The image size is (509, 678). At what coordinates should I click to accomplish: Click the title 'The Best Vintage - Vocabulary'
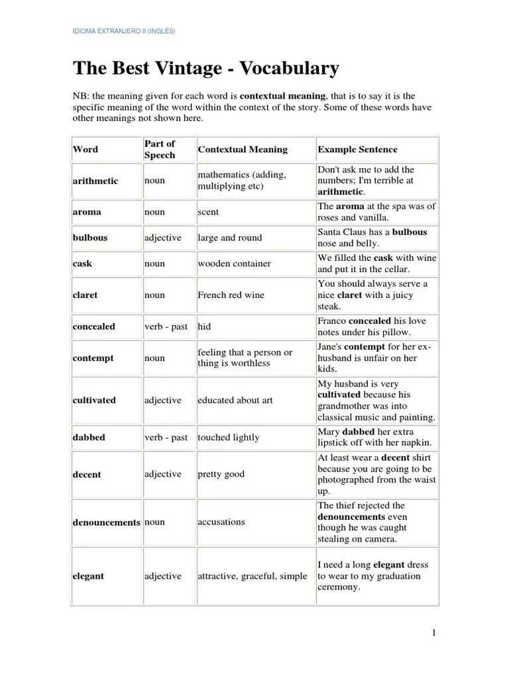coord(205,68)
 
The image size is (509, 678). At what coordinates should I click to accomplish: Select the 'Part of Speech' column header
coord(160,150)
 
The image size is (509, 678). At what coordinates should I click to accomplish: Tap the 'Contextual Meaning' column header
coord(243,150)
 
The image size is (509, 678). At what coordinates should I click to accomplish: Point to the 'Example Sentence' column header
coord(358,150)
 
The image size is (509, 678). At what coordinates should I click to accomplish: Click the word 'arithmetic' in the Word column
coord(95,181)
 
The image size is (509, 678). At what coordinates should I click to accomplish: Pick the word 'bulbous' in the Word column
coord(90,238)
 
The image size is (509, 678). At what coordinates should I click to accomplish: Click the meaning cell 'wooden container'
coord(234,264)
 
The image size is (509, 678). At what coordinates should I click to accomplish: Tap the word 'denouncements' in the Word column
coord(106,522)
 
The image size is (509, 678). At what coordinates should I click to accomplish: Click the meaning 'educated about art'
coord(235,401)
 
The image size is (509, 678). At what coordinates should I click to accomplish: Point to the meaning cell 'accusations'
coord(221,522)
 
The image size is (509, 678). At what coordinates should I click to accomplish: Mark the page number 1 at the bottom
coord(434,633)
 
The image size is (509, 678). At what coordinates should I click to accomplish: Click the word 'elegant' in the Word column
coord(88,576)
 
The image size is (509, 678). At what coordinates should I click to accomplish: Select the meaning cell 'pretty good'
coord(221,474)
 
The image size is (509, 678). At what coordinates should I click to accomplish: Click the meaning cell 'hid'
coord(204,326)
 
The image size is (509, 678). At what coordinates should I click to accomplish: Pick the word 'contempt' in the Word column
coord(93,358)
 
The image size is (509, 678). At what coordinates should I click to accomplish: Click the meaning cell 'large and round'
coord(229,238)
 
